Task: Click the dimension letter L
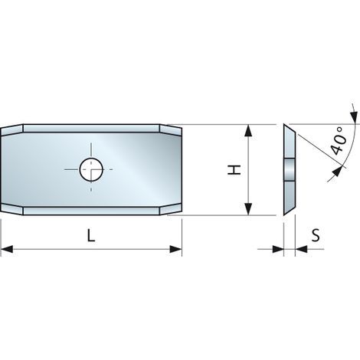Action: pos(91,235)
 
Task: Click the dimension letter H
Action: pos(234,170)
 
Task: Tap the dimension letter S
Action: pos(316,235)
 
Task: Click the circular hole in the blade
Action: pos(91,169)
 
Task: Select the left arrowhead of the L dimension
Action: pos(7,249)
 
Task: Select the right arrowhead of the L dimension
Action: pos(176,249)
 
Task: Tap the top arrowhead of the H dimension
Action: pos(248,130)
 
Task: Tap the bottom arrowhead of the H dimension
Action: pos(248,209)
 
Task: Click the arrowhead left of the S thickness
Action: pos(278,249)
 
